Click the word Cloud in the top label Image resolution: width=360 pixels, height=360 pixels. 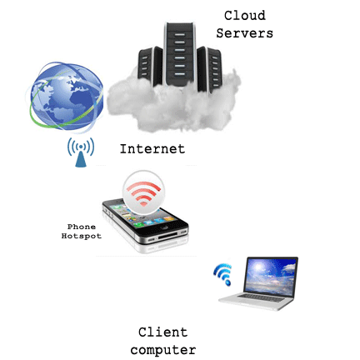pyautogui.click(x=245, y=16)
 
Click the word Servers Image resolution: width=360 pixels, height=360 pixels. pyautogui.click(x=245, y=33)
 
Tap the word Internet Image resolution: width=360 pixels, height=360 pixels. pyautogui.click(x=152, y=149)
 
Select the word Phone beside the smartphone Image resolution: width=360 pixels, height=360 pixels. pyautogui.click(x=82, y=227)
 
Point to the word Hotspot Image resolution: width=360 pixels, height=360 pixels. pyautogui.click(x=82, y=236)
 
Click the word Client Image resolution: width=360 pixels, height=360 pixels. pyautogui.click(x=163, y=332)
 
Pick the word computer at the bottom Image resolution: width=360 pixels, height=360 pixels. pyautogui.click(x=163, y=350)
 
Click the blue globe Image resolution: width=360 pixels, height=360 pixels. pyautogui.click(x=66, y=96)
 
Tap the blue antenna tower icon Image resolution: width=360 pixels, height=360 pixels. pyautogui.click(x=81, y=152)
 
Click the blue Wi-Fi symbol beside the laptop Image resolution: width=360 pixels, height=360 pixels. pyautogui.click(x=223, y=273)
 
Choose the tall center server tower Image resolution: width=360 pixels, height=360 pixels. pyautogui.click(x=180, y=54)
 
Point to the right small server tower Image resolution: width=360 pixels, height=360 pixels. pyautogui.click(x=210, y=69)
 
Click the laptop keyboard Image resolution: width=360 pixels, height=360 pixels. pyautogui.click(x=261, y=297)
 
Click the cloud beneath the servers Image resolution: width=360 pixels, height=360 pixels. pyautogui.click(x=173, y=104)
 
